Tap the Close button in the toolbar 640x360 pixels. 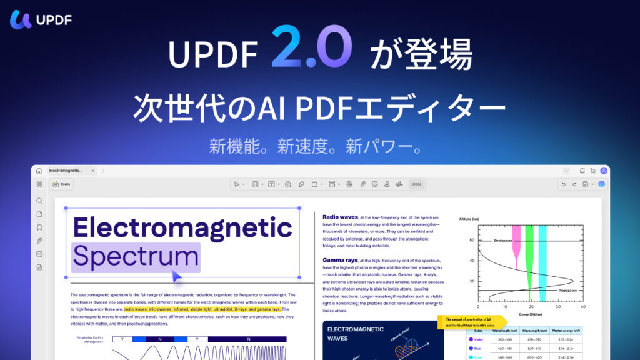pyautogui.click(x=416, y=184)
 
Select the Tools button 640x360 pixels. pyautogui.click(x=62, y=184)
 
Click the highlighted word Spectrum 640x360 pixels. pyautogui.click(x=136, y=257)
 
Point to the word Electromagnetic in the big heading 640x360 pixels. pyautogui.click(x=182, y=227)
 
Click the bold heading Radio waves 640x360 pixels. pyautogui.click(x=340, y=217)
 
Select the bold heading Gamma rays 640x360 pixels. pyautogui.click(x=340, y=259)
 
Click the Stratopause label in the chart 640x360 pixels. pyautogui.click(x=504, y=239)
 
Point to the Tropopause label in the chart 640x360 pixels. pyautogui.click(x=567, y=291)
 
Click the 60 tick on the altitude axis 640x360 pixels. pyautogui.click(x=472, y=240)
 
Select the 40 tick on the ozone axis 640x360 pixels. pyautogui.click(x=582, y=307)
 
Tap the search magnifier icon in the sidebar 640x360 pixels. pyautogui.click(x=39, y=201)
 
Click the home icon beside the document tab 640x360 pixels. pyautogui.click(x=39, y=171)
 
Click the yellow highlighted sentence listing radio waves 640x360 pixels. pyautogui.click(x=202, y=309)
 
